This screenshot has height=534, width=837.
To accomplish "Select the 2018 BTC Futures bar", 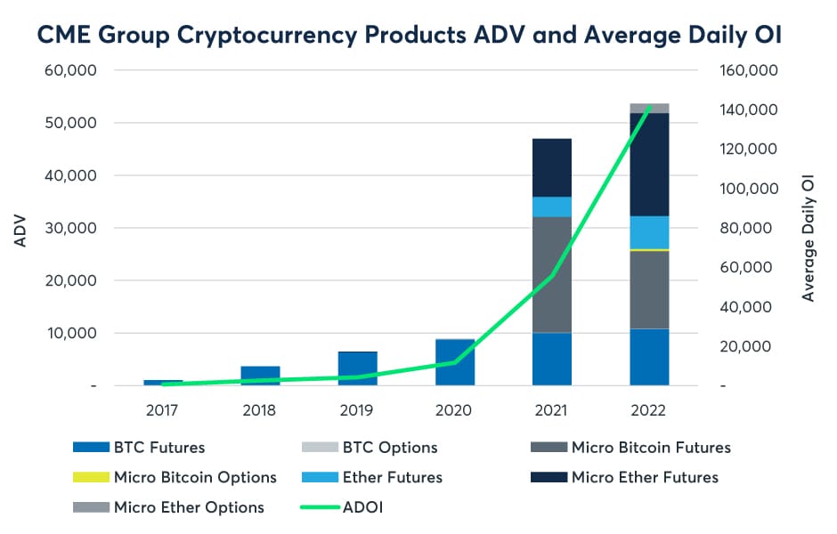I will point(260,376).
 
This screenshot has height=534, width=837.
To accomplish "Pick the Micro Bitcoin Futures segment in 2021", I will point(552,274).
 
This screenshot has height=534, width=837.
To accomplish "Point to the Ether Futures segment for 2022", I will point(649,232).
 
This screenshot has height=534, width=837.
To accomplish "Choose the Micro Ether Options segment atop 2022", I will point(649,109).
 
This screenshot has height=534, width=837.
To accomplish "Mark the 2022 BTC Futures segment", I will point(649,357).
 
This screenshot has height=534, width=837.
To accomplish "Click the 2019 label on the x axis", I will point(357,410).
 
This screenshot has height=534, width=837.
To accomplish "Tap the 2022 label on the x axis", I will point(649,410).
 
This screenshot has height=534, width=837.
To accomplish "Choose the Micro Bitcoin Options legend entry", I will point(195,478).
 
